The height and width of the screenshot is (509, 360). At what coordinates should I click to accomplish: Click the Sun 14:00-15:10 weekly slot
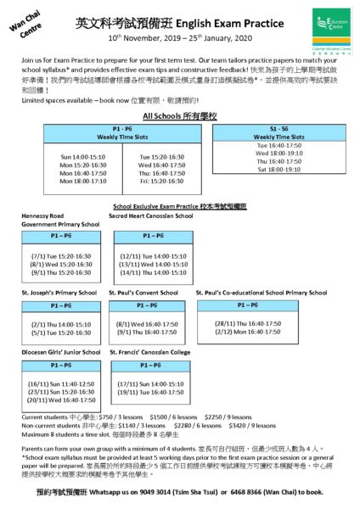point(82,156)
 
